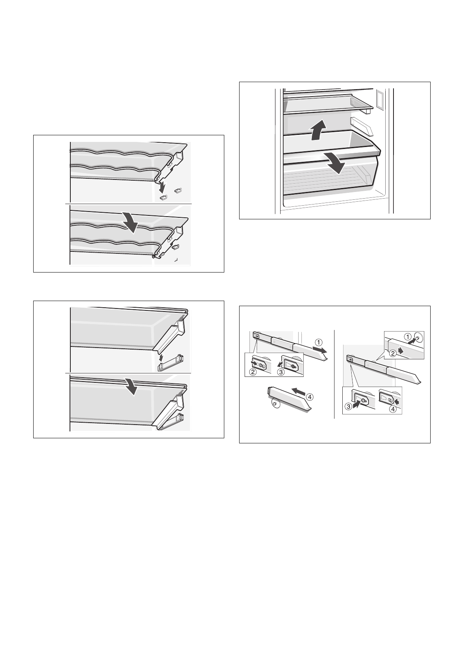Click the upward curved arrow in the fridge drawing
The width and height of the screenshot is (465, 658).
(318, 131)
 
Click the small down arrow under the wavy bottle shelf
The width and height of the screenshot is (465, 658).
(162, 187)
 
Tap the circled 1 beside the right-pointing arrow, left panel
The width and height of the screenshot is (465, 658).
(319, 342)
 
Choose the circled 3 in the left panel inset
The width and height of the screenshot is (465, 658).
(281, 371)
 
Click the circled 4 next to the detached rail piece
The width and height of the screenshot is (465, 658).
(309, 397)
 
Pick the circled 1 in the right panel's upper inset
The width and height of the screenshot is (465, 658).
(408, 336)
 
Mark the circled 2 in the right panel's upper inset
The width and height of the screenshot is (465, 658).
(393, 354)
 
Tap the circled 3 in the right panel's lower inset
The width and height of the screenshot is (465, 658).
(349, 407)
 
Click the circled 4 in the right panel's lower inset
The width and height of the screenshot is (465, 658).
(393, 409)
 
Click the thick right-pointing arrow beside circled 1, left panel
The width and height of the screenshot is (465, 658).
(320, 350)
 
